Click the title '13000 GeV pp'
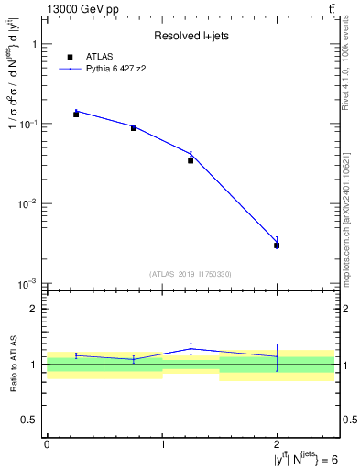pyautogui.click(x=82, y=9)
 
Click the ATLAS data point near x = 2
pyautogui.click(x=277, y=245)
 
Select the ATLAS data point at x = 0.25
pyautogui.click(x=76, y=115)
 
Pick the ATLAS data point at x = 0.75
pyautogui.click(x=134, y=128)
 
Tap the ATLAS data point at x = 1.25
pyautogui.click(x=191, y=160)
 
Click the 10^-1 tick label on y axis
pyautogui.click(x=27, y=124)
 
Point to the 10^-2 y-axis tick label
pyautogui.click(x=27, y=203)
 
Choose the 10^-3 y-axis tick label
pyautogui.click(x=27, y=283)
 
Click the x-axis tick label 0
pyautogui.click(x=47, y=443)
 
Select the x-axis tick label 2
pyautogui.click(x=277, y=443)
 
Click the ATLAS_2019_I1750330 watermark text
pyautogui.click(x=190, y=274)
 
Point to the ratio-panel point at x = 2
pyautogui.click(x=277, y=356)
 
